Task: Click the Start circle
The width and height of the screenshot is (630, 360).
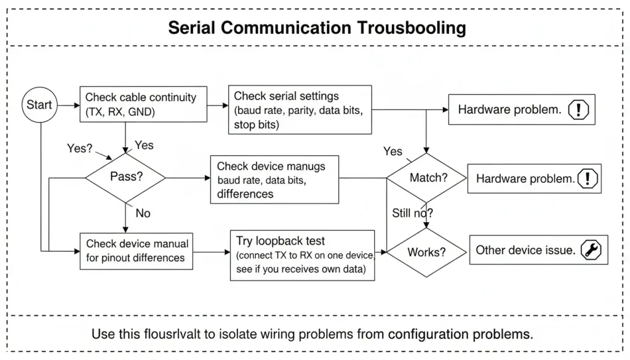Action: [39, 105]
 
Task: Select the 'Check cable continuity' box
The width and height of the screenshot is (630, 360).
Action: [142, 105]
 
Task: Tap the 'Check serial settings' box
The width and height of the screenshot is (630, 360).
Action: [300, 110]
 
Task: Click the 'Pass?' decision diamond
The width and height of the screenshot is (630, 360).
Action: [126, 177]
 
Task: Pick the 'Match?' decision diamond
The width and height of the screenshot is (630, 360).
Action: [428, 178]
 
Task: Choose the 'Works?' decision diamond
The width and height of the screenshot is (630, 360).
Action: [426, 252]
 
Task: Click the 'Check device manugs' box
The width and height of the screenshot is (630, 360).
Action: [274, 180]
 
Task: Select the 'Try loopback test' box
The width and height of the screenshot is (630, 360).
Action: [302, 255]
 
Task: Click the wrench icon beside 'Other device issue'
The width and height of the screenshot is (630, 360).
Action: [591, 250]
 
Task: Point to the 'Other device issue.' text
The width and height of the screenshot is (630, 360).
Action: [525, 250]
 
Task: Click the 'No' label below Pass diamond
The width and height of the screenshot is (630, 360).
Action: [143, 213]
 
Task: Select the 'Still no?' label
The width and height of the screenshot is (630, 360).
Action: [412, 214]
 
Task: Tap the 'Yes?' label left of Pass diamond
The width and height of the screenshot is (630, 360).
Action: [80, 148]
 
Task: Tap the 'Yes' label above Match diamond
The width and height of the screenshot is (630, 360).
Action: [393, 151]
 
